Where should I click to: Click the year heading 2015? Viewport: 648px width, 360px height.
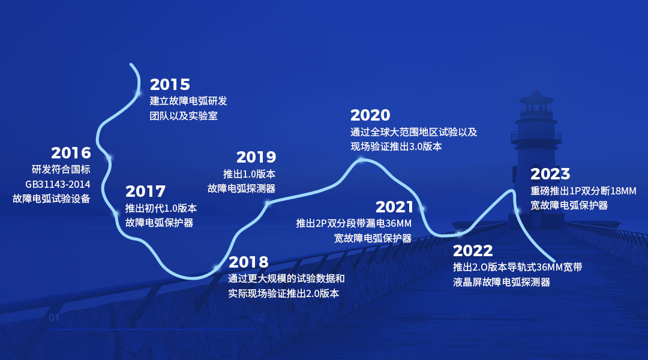click(170, 85)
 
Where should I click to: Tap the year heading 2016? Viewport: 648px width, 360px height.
click(71, 153)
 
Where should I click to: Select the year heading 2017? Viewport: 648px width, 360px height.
click(145, 191)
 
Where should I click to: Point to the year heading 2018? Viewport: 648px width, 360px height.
click(248, 262)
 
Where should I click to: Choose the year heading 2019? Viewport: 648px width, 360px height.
click(256, 157)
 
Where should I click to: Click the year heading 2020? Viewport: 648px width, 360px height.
click(370, 115)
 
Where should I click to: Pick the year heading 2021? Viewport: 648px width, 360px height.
click(394, 206)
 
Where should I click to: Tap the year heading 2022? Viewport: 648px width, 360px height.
click(473, 250)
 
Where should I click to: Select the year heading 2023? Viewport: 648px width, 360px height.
click(550, 173)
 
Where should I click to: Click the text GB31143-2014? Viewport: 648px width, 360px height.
click(58, 184)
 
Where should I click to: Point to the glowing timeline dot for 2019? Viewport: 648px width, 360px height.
click(268, 203)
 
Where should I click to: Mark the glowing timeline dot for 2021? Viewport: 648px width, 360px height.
click(422, 209)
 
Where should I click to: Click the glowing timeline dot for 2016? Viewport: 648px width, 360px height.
click(109, 158)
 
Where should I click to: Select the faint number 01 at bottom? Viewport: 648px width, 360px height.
click(54, 317)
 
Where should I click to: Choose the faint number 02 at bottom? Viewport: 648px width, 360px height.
click(260, 317)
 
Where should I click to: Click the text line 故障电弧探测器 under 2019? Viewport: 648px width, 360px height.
click(241, 188)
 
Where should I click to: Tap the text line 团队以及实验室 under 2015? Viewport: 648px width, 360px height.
click(184, 116)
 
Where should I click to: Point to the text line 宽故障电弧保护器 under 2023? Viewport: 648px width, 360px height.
click(569, 205)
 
